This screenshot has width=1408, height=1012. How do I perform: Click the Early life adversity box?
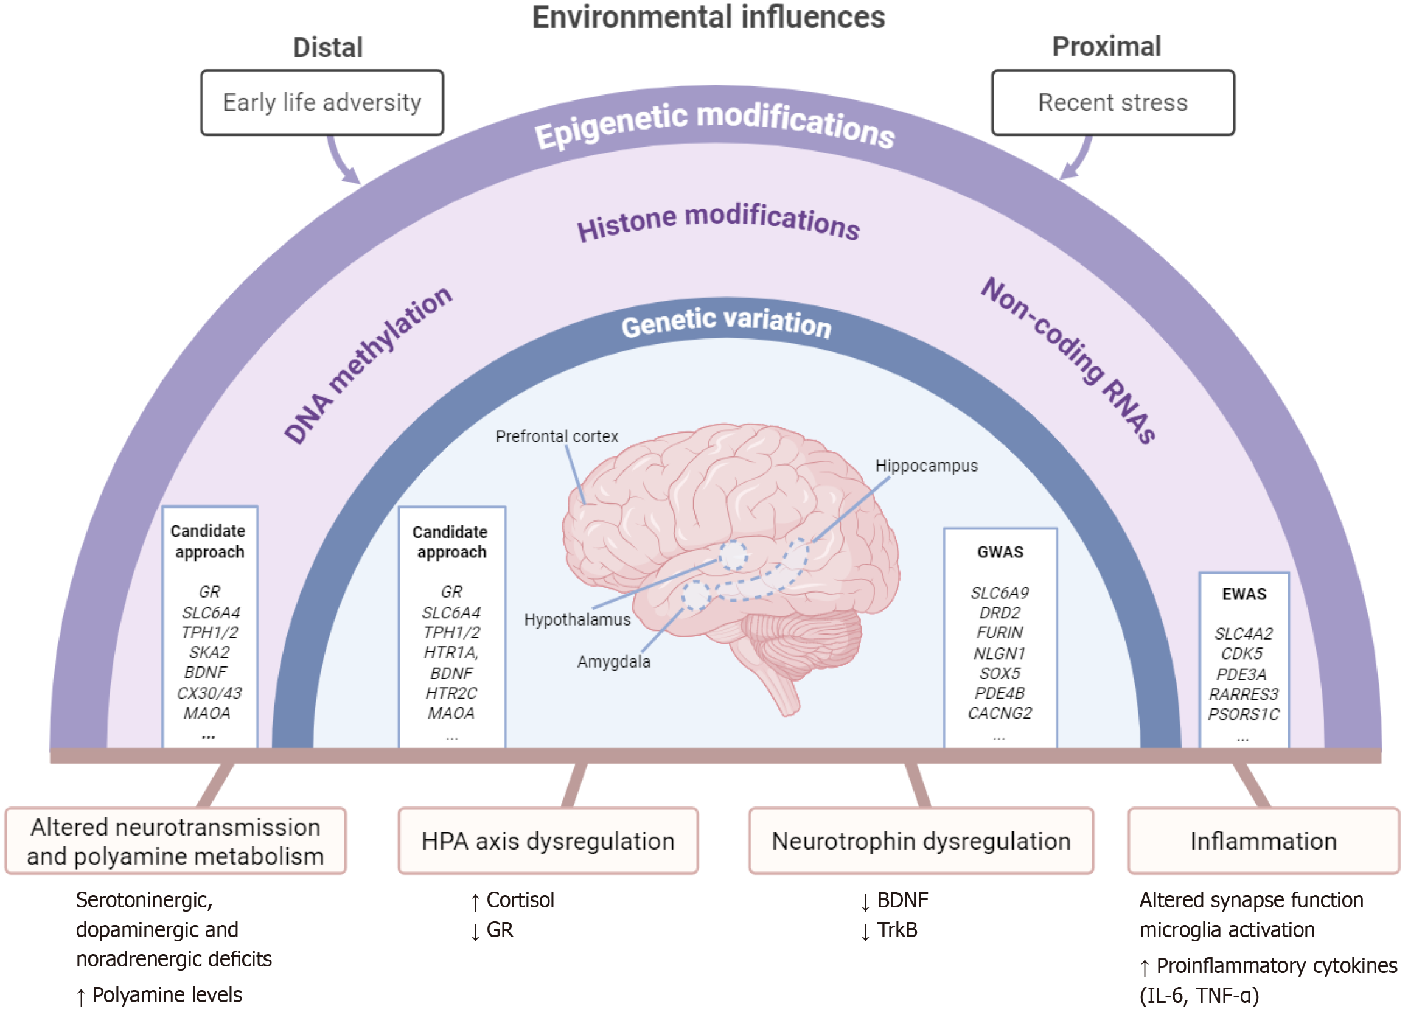coord(322,102)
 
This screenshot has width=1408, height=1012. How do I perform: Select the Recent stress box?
coord(1112,102)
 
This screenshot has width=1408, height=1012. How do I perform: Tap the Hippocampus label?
coord(925,466)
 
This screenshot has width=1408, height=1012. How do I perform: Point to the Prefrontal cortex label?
coord(556,436)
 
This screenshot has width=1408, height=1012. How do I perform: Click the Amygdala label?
coord(613,662)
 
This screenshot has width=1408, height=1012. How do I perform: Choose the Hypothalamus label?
coord(577,619)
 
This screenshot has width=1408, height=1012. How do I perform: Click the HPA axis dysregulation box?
coord(548,840)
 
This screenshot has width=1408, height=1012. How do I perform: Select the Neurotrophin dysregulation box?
coord(921,840)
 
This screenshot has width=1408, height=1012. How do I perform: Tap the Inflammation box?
coord(1263,840)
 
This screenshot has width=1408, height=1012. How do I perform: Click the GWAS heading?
coord(1000,552)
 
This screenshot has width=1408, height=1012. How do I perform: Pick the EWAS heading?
coord(1244,594)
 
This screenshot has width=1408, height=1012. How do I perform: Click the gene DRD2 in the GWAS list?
coord(1000,613)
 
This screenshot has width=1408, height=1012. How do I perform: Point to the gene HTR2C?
coord(451,694)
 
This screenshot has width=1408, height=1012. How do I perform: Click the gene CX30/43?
coord(209,694)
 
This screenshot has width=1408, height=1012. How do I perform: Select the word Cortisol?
coord(520,899)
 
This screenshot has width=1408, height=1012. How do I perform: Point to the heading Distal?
coord(328,47)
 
